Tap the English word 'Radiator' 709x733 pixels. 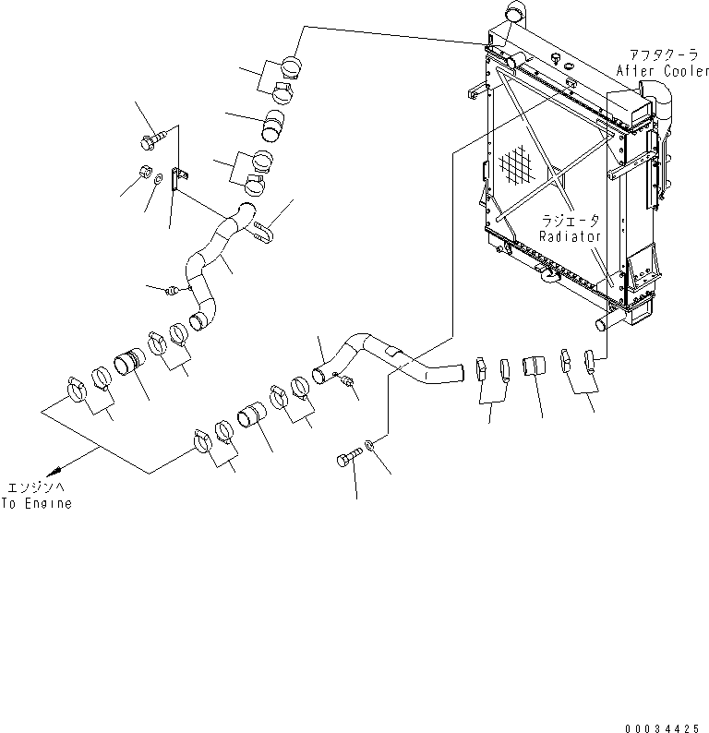pyautogui.click(x=571, y=236)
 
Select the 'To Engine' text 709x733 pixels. pyautogui.click(x=36, y=504)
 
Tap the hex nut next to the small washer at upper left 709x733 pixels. pyautogui.click(x=144, y=171)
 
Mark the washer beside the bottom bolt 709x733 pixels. pyautogui.click(x=370, y=447)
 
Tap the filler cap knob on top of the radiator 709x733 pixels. pyautogui.click(x=557, y=58)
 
